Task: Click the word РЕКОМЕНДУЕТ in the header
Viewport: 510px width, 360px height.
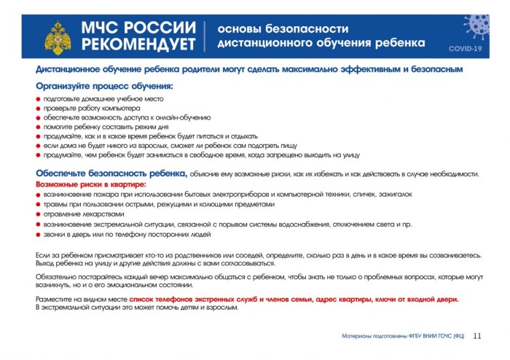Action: click(x=139, y=44)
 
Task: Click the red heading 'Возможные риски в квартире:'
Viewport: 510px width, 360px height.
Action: click(x=90, y=184)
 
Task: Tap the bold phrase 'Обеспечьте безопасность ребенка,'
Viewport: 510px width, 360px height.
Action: click(x=111, y=173)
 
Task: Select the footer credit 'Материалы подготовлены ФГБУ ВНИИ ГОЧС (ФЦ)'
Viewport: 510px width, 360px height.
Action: click(x=403, y=337)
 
